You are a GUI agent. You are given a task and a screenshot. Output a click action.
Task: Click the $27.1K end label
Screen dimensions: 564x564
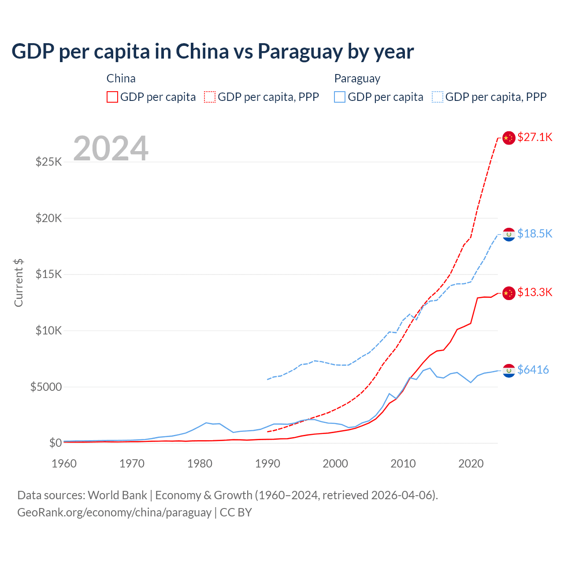(534, 137)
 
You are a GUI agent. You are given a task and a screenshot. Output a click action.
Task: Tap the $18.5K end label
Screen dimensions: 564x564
(534, 234)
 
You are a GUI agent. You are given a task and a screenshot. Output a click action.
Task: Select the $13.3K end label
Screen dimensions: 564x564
(534, 292)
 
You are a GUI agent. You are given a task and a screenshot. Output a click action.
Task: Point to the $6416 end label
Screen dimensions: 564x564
(533, 370)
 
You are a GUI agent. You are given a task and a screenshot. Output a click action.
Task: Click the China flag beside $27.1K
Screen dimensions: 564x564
(509, 138)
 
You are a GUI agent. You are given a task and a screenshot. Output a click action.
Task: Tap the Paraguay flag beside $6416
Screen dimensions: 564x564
(509, 371)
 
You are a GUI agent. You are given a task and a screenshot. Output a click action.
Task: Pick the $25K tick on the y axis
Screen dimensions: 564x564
(48, 162)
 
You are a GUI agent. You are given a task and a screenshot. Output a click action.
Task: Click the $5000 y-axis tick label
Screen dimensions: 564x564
(46, 387)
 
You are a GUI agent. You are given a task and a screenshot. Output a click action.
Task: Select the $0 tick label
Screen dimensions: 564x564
(55, 443)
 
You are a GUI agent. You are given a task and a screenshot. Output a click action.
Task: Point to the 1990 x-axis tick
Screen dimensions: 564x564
(267, 464)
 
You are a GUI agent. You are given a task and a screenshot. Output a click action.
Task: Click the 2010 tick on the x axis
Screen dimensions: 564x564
(403, 464)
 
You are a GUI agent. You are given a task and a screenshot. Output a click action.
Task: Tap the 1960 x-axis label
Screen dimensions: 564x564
(64, 464)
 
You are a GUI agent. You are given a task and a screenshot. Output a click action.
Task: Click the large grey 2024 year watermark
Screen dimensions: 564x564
(111, 148)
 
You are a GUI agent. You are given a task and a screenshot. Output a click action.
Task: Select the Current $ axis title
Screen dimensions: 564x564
(19, 282)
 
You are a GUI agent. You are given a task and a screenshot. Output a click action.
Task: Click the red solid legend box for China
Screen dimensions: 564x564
(112, 97)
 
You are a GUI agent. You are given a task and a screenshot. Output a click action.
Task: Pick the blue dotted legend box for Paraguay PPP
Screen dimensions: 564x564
(438, 97)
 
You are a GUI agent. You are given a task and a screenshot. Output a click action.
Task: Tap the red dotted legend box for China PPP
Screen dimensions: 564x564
(210, 97)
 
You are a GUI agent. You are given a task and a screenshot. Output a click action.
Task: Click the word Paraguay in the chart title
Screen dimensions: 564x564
(300, 51)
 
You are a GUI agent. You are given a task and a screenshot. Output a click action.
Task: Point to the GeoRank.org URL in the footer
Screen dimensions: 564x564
(114, 512)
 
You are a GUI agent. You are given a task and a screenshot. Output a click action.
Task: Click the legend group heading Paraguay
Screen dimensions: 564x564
(357, 78)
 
